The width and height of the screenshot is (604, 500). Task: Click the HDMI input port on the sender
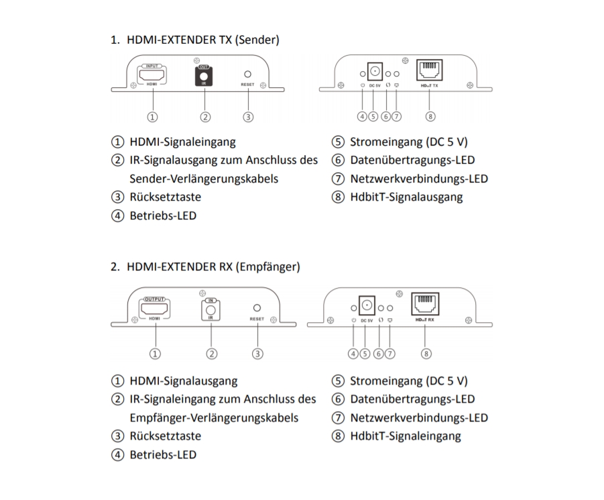pos(153,75)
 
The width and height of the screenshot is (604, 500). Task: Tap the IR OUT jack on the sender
pos(204,79)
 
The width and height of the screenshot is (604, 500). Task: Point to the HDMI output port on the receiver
pos(155,309)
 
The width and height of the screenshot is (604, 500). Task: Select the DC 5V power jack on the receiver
pos(366,306)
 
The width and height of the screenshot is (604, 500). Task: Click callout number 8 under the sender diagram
pos(430,117)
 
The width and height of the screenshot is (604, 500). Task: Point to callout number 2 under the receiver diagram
pos(212,353)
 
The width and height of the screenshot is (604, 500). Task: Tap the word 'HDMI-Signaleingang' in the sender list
pos(182,142)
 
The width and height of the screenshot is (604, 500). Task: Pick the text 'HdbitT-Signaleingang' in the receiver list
pos(405,436)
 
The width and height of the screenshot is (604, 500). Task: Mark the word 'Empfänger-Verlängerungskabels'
pos(214,417)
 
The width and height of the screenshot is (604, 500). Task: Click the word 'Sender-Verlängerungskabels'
pos(204,179)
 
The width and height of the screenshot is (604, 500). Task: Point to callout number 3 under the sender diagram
pos(249,117)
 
